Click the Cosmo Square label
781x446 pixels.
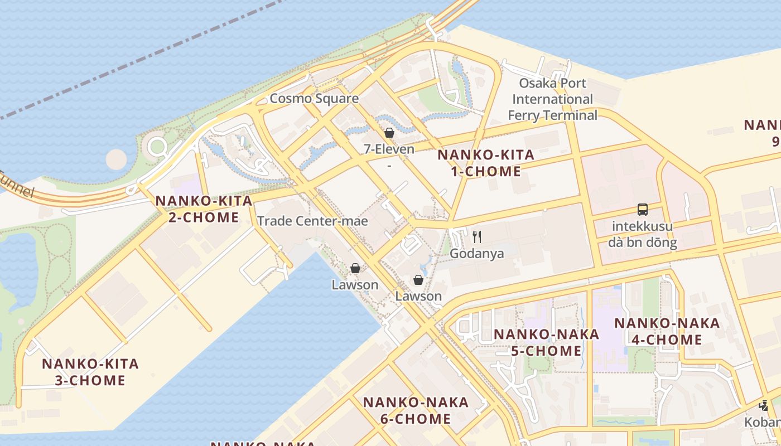314,99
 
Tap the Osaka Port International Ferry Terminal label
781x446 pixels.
552,99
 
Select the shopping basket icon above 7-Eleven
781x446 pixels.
389,133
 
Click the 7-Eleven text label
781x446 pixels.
389,149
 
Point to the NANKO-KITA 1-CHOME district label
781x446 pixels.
486,163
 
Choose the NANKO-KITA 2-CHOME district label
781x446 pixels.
204,209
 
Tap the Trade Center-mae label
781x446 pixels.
312,221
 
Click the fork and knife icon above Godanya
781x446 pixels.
477,237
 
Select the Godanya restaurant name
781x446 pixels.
477,254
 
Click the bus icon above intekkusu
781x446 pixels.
643,210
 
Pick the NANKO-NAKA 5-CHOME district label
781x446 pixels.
546,342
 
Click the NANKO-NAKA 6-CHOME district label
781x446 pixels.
416,410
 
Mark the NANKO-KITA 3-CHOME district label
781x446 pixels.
90,372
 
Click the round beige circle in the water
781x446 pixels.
116,159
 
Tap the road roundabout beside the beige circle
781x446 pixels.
157,147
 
